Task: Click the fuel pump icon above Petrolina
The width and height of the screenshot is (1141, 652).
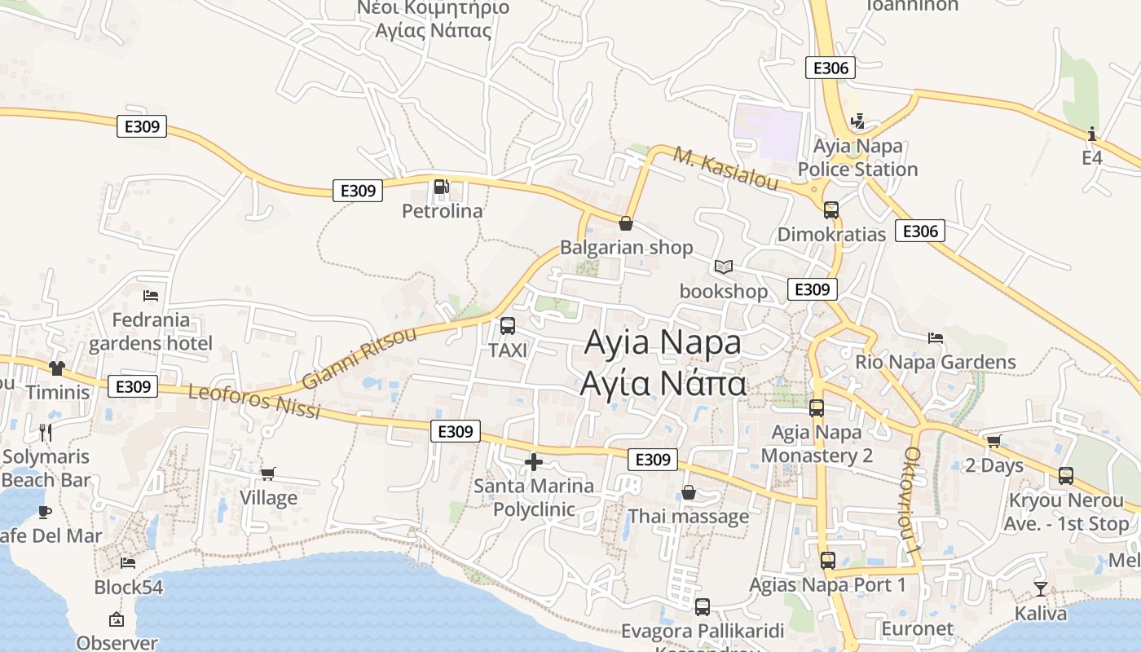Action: tap(441, 187)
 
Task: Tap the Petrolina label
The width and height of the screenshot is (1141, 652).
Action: tap(443, 211)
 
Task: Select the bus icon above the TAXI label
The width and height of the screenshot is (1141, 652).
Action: tap(508, 326)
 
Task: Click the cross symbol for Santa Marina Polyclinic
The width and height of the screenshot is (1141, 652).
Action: tap(534, 462)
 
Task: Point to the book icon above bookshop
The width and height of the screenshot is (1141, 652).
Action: tap(724, 267)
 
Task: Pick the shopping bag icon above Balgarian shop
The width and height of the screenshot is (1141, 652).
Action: tap(626, 222)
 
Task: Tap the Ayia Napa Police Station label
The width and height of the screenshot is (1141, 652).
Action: tap(858, 157)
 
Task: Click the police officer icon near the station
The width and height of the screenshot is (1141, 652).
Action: tap(857, 121)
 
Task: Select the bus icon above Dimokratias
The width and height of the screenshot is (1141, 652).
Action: tap(831, 210)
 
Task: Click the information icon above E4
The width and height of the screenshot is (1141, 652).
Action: tap(1092, 134)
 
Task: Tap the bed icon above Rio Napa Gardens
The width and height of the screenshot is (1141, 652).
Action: tap(936, 337)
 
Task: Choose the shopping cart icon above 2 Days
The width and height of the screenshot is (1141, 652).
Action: tap(993, 442)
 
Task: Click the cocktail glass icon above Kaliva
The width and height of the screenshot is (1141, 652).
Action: tap(1041, 588)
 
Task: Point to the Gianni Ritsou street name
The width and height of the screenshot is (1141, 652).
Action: tap(359, 357)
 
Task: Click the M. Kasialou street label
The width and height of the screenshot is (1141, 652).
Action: tap(727, 170)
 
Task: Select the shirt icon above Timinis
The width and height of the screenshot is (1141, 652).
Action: tap(56, 368)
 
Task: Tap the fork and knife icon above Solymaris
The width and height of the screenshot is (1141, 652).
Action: tap(46, 432)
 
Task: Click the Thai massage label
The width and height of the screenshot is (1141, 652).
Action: tap(688, 516)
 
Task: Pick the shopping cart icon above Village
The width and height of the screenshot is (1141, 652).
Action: tap(267, 474)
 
